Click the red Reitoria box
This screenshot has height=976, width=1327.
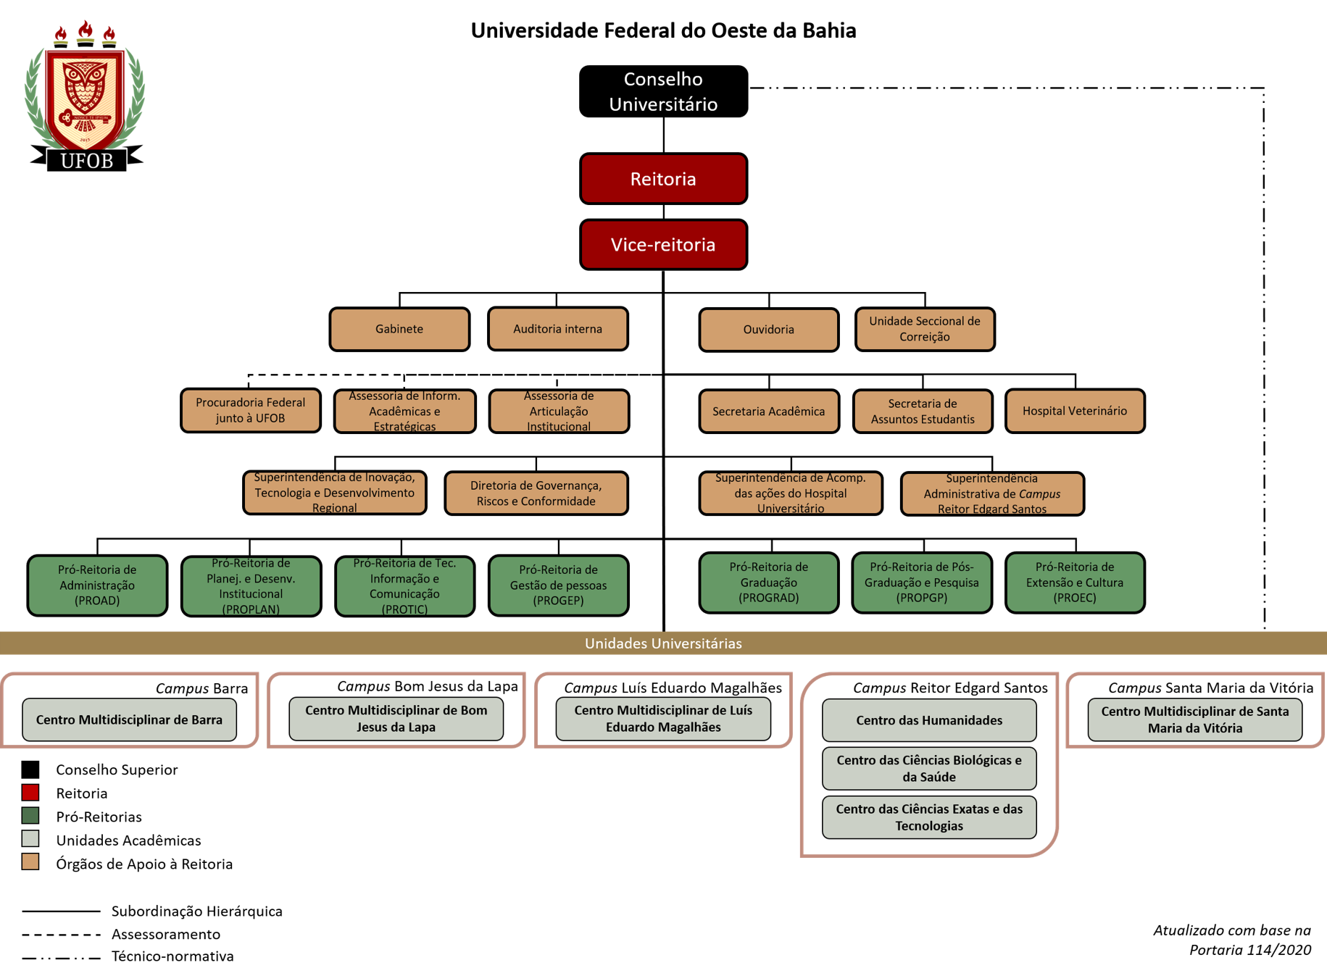(x=663, y=179)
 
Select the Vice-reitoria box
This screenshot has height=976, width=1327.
(x=663, y=245)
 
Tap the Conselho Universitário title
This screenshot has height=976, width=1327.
(x=663, y=91)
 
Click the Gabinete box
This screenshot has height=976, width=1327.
(x=399, y=329)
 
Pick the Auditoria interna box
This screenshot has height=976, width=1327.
(x=557, y=329)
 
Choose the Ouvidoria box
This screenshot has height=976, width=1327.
(x=768, y=330)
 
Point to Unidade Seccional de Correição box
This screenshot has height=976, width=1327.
(x=925, y=329)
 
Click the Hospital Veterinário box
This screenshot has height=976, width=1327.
(x=1075, y=411)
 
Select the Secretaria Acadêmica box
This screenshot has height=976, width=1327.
(x=768, y=412)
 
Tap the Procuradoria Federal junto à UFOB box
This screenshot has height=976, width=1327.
(x=250, y=410)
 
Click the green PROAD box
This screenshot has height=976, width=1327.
(x=97, y=585)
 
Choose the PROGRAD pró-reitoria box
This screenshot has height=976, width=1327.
(x=768, y=583)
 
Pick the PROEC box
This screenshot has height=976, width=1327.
(x=1075, y=583)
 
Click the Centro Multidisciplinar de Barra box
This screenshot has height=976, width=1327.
(x=129, y=720)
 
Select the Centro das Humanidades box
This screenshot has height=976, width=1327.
(x=929, y=720)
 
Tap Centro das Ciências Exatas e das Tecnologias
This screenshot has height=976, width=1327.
(x=929, y=817)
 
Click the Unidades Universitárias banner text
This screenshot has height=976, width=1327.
(x=663, y=643)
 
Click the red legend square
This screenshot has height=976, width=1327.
(x=30, y=792)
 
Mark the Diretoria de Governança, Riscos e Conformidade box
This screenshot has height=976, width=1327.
(x=536, y=493)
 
